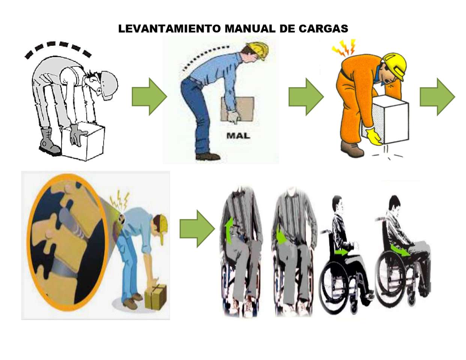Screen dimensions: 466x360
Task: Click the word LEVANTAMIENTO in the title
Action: click(170, 28)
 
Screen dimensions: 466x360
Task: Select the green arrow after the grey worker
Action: click(149, 97)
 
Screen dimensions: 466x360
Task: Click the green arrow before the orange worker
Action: click(306, 97)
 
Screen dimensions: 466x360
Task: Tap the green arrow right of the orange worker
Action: click(437, 97)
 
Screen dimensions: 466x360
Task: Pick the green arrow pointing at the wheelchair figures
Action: click(197, 229)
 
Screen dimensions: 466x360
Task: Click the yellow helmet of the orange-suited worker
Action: click(395, 66)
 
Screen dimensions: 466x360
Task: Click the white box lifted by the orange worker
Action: click(385, 120)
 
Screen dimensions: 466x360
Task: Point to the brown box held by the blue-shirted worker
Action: click(238, 109)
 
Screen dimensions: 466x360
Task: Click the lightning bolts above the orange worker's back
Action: click(344, 48)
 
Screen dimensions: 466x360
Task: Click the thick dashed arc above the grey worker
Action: click(57, 48)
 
